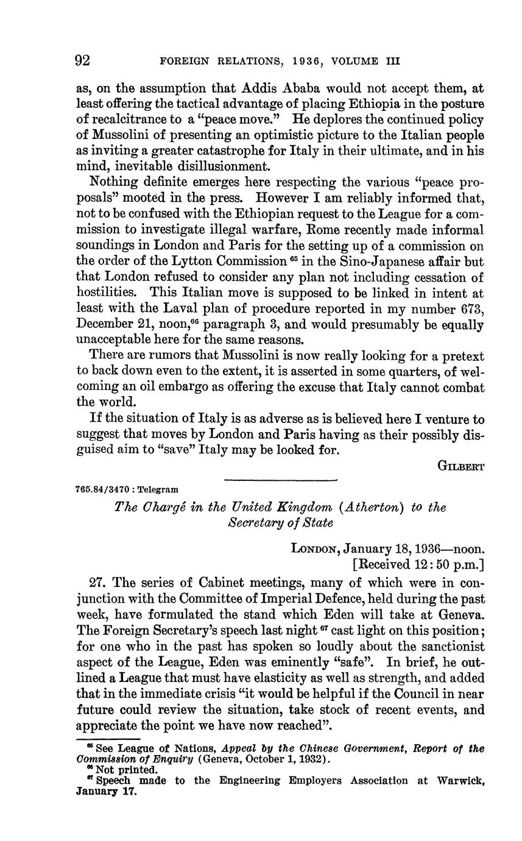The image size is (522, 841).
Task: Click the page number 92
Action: tap(83, 60)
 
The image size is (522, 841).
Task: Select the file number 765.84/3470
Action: tap(105, 489)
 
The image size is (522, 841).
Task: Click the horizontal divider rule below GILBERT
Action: tap(280, 481)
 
